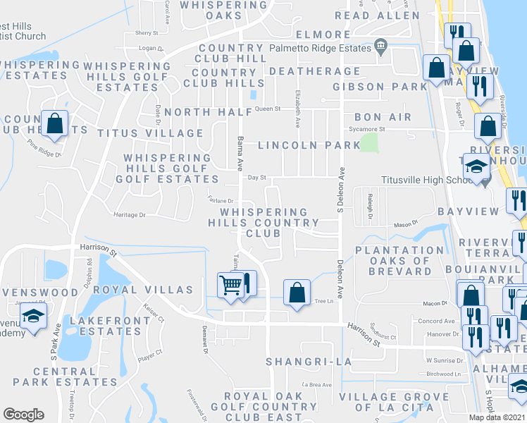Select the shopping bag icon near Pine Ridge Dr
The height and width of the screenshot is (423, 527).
pos(54,123)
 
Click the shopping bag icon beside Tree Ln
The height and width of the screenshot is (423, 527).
pos(297,292)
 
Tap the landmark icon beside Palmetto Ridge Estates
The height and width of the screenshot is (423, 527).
pos(381,47)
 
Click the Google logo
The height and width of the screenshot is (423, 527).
pos(23,415)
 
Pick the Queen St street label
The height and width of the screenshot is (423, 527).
pos(268,109)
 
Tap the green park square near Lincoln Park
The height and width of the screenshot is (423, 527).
pos(368,142)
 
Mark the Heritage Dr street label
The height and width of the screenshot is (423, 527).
pos(129,214)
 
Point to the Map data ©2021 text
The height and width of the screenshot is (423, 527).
pos(497,417)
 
